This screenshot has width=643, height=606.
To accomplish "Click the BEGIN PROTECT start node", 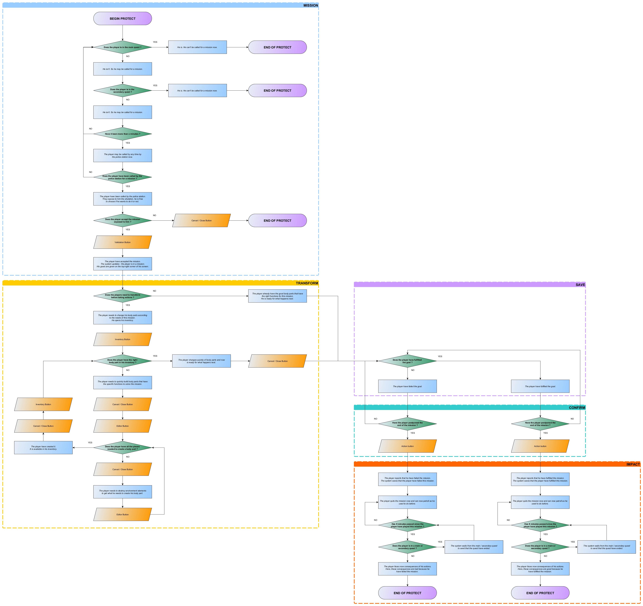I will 123,18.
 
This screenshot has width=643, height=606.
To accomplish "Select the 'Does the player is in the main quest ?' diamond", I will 123,47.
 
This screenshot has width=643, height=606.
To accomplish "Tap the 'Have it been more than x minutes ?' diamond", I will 123,134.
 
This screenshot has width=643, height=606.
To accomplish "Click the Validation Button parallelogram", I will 123,242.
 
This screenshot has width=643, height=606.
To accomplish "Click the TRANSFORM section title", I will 307,283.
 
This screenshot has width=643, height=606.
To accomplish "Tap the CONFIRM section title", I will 577,408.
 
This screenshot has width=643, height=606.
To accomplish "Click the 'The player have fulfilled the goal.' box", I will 540,386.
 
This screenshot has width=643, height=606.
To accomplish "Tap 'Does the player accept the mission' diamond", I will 123,221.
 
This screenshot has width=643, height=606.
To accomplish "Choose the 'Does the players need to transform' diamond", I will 123,296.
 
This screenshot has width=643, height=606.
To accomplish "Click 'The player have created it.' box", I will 43,448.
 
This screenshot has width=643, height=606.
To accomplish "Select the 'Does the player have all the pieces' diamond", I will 123,448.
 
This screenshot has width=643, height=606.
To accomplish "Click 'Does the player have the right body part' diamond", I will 123,361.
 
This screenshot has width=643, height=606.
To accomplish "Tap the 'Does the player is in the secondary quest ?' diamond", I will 123,91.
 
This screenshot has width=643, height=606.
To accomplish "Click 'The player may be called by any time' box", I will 123,156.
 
